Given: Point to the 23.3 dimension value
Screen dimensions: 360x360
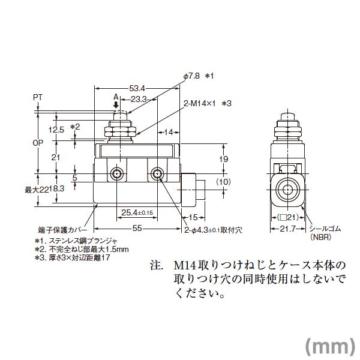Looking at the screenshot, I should tap(139, 98).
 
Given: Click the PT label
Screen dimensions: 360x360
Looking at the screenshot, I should tap(38, 96).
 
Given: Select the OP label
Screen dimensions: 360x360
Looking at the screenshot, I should tap(38, 142).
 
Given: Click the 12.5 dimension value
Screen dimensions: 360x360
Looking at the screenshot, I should tap(57, 129).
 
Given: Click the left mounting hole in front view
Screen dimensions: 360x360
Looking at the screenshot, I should tap(117, 175).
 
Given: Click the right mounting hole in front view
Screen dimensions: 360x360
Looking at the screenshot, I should tap(158, 175).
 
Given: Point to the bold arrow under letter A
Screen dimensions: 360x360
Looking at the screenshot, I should tap(116, 104).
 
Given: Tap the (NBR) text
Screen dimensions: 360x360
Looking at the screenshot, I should tap(320, 237).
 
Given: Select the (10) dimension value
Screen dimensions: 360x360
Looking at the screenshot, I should tap(223, 182).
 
